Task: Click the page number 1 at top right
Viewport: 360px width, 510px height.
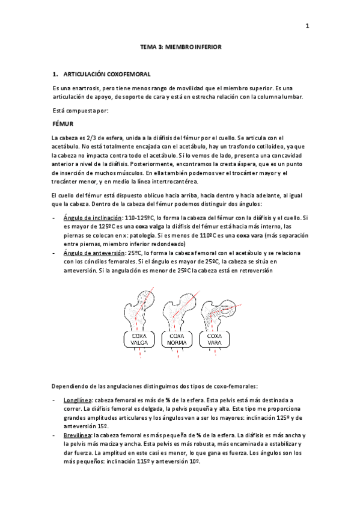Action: [307, 26]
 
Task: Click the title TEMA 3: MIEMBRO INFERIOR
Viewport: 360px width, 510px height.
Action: [180, 46]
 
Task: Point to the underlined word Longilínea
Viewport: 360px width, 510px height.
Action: [77, 399]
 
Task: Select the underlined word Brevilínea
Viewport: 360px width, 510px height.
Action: [76, 435]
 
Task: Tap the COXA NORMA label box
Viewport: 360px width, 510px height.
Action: [178, 339]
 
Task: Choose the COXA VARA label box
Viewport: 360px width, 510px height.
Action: [215, 339]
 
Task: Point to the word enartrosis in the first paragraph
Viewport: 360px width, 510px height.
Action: [88, 88]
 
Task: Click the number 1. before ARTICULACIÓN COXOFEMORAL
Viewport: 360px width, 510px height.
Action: [55, 75]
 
